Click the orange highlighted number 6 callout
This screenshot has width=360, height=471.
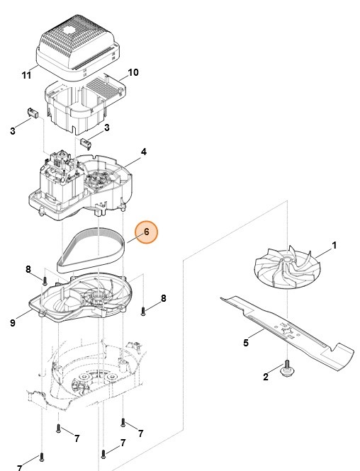[x=146, y=232]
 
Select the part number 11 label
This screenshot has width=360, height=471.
[x=26, y=75]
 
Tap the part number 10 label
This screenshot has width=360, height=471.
[x=133, y=72]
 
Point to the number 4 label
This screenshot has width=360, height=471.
[x=144, y=152]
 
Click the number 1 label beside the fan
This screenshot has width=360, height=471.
[x=334, y=245]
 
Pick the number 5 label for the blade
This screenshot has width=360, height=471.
[x=246, y=343]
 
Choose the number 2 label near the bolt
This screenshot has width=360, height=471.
[x=265, y=377]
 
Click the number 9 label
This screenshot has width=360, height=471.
[x=13, y=323]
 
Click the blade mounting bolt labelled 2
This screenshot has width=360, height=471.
[x=287, y=368]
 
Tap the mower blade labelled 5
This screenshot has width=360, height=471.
[x=287, y=332]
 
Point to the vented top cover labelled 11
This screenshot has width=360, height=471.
[x=79, y=48]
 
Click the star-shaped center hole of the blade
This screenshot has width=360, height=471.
[x=286, y=329]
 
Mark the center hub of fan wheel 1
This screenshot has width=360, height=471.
[x=286, y=259]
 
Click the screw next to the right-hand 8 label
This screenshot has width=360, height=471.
[x=143, y=311]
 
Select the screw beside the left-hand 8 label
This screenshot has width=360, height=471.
[x=45, y=281]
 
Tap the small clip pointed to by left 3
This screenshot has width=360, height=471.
[x=33, y=113]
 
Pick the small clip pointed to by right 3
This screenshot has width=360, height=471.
[x=86, y=142]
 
